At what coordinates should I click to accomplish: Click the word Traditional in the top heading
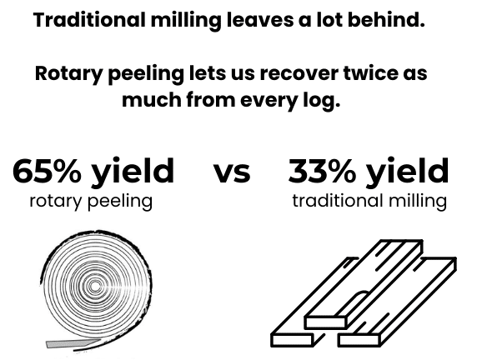point(89,19)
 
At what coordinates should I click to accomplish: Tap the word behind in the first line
point(386,19)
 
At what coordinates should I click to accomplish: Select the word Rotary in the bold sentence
point(68,74)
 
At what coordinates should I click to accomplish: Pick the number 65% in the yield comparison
point(47,171)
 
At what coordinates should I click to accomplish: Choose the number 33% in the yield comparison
point(322,171)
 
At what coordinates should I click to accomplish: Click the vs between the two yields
point(232,173)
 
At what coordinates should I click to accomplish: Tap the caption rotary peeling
point(91,202)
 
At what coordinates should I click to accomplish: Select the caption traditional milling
point(369,202)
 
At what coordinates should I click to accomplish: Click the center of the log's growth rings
point(95,286)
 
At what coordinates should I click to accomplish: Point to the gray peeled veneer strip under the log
point(73,343)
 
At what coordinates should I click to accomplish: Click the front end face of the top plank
point(325,322)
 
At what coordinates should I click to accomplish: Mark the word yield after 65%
point(133,172)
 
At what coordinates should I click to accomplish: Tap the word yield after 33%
point(408,172)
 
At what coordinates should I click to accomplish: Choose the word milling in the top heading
point(186,21)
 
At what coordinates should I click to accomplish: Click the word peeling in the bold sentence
point(146,74)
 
